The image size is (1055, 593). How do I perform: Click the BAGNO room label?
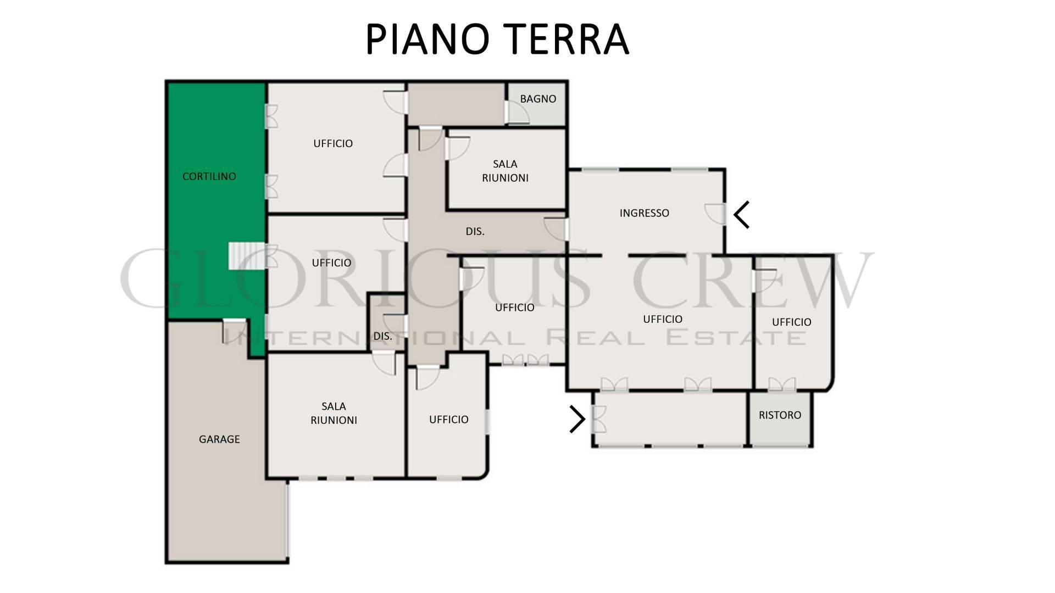(538, 99)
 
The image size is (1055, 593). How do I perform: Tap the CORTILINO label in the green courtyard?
(209, 176)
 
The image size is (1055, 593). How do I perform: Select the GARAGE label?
(219, 439)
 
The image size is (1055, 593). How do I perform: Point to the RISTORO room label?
(780, 415)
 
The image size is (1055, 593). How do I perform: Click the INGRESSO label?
(645, 213)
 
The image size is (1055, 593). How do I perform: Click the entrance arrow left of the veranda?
(578, 419)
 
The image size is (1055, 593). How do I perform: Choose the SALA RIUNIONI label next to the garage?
(334, 413)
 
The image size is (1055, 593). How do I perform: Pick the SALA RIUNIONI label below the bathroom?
(505, 171)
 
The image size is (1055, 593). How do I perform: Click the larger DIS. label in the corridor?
(475, 232)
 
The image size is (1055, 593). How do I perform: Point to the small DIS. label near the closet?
(382, 336)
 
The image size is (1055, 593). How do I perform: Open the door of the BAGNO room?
(517, 113)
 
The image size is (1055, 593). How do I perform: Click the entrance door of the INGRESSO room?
(715, 214)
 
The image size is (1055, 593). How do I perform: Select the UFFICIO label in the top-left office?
(333, 143)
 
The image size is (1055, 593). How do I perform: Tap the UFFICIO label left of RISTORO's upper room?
(663, 319)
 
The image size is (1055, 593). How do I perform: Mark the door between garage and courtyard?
(234, 331)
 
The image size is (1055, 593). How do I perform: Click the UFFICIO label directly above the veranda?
(663, 319)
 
